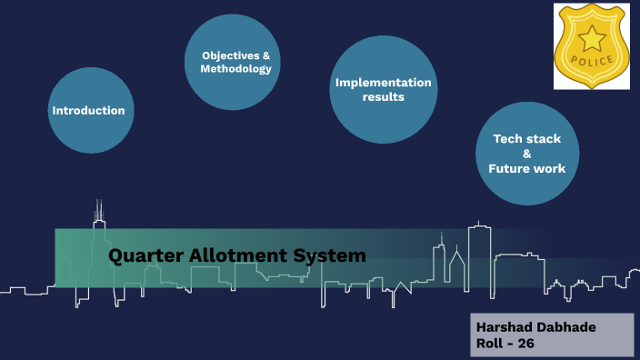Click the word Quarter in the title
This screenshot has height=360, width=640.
click(143, 255)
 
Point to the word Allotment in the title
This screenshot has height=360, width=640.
click(235, 255)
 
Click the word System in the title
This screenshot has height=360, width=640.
click(330, 255)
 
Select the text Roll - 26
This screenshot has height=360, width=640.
click(506, 344)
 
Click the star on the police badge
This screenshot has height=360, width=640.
click(592, 39)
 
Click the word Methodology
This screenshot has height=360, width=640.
click(236, 68)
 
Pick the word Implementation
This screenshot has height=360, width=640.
click(384, 83)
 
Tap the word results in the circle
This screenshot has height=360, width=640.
click(384, 96)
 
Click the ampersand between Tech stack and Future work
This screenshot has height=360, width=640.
click(527, 154)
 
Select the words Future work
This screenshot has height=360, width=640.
click(527, 168)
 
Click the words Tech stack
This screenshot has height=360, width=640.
click(527, 139)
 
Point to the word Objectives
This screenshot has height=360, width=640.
click(230, 55)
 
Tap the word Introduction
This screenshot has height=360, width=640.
click(88, 110)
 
